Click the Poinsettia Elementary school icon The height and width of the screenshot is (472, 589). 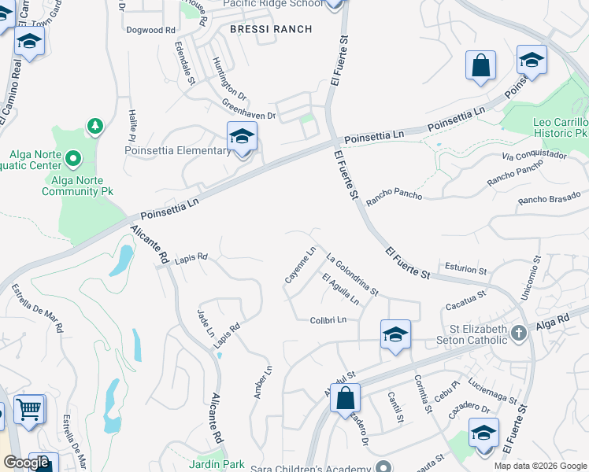(242, 137)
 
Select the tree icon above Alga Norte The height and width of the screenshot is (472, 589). (94, 126)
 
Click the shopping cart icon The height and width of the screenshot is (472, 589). (29, 407)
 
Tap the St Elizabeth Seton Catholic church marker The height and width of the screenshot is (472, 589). (518, 333)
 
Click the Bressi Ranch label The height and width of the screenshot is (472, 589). (271, 29)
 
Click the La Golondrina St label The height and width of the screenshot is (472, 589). (352, 275)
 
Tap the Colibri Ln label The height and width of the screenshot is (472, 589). (328, 320)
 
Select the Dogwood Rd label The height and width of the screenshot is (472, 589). (150, 30)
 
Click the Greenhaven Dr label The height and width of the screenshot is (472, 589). (248, 109)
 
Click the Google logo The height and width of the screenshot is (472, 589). (27, 463)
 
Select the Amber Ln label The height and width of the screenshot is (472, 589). (263, 382)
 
